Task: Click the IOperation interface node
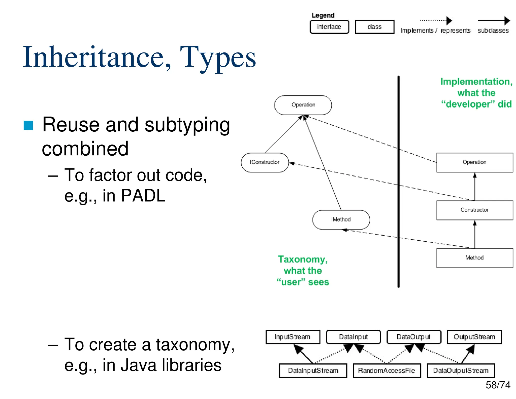(303, 105)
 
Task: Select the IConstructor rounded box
(265, 162)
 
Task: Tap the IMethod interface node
(341, 220)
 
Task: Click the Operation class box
(474, 162)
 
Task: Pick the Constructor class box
(474, 210)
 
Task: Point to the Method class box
(474, 258)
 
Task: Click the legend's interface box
(329, 27)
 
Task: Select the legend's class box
(374, 27)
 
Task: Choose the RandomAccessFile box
(386, 370)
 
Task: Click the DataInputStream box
(313, 370)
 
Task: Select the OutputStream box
(474, 337)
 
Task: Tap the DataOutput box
(414, 337)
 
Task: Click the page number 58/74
(498, 385)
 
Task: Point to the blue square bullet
(28, 125)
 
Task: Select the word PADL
(143, 196)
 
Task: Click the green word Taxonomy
(303, 259)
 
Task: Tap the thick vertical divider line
(398, 182)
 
